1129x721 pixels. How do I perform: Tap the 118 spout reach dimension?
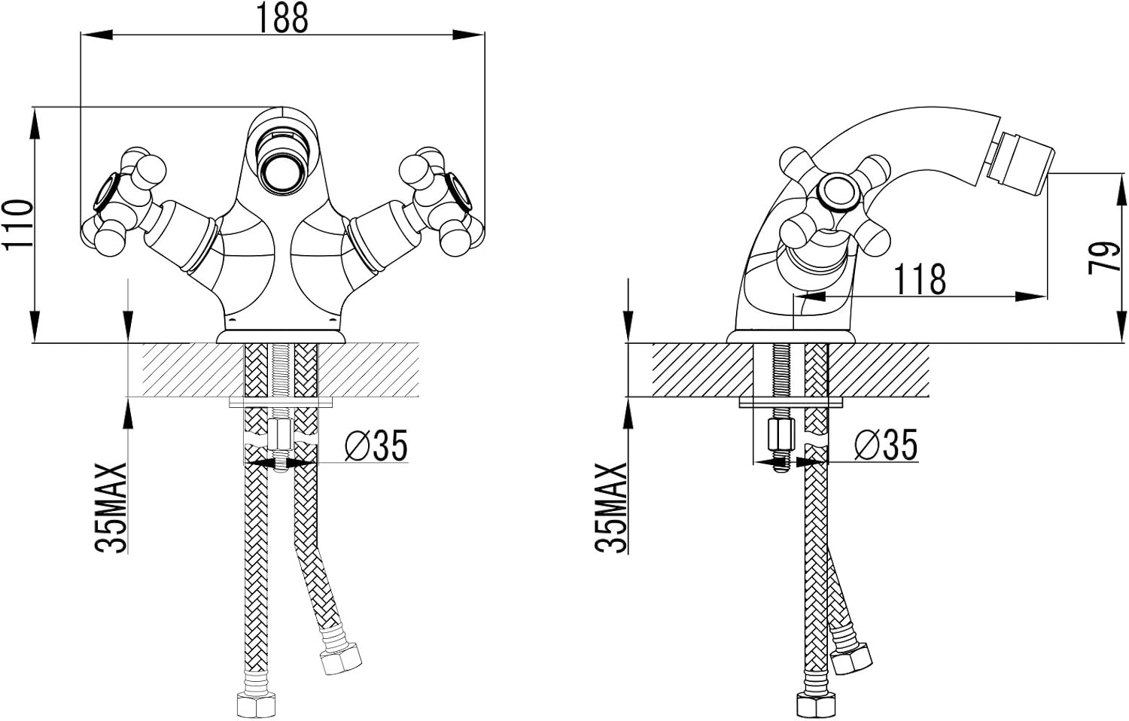pyautogui.click(x=920, y=278)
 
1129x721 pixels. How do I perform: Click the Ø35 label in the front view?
pyautogui.click(x=376, y=446)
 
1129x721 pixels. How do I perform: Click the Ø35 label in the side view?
pyautogui.click(x=886, y=445)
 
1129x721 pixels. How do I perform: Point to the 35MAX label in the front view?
pyautogui.click(x=111, y=508)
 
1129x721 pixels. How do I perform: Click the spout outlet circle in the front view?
pyautogui.click(x=281, y=174)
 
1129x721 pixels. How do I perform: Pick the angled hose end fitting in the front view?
pyautogui.click(x=340, y=657)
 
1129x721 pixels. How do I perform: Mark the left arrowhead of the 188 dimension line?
pyautogui.click(x=96, y=35)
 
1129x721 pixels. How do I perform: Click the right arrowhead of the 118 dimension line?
pyautogui.click(x=1031, y=297)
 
